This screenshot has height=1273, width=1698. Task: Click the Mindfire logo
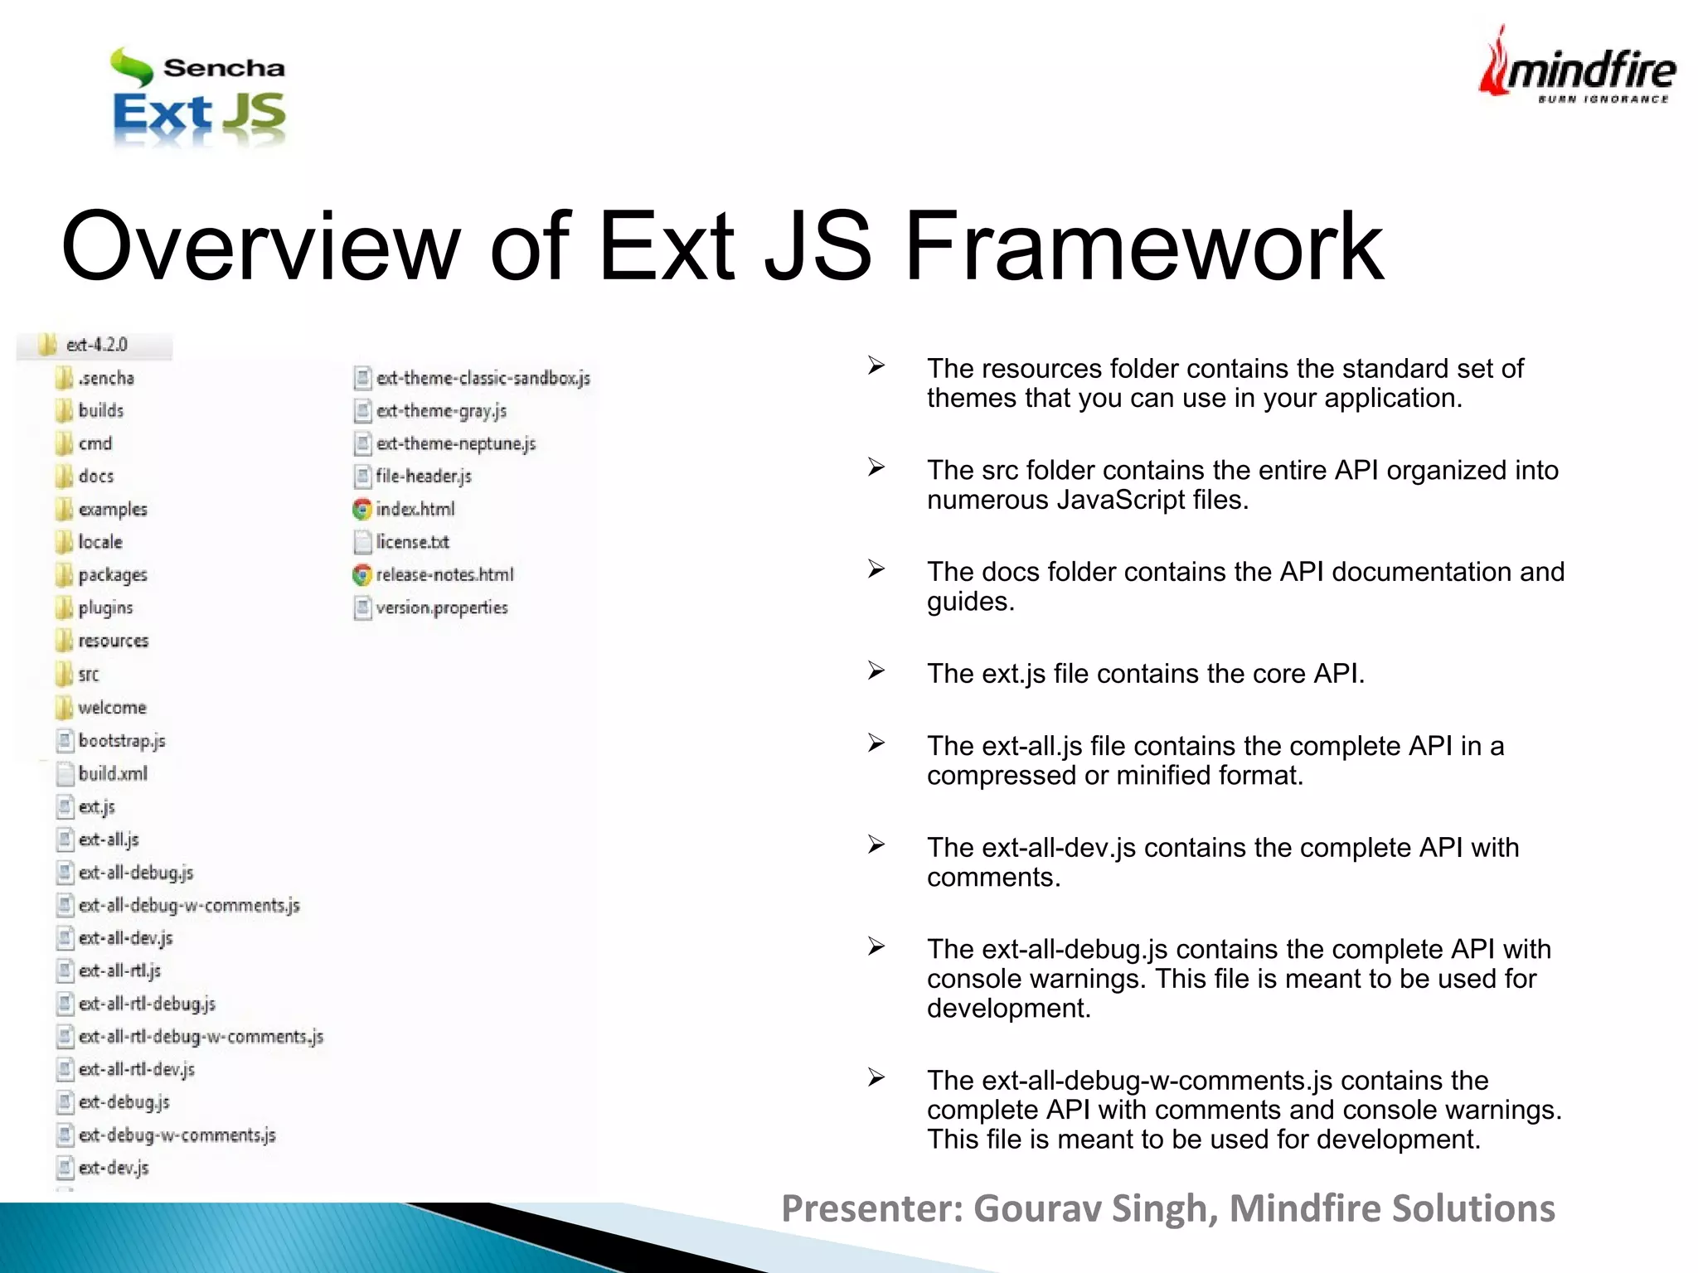[1577, 66]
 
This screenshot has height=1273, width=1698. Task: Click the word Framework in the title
[1144, 246]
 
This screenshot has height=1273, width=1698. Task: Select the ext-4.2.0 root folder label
[96, 345]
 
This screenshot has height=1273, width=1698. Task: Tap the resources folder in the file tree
[113, 641]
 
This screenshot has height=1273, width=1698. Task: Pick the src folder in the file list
[88, 675]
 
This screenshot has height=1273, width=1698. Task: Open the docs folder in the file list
[95, 477]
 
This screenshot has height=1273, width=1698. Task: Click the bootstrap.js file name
[122, 740]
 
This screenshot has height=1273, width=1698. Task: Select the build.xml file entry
[113, 773]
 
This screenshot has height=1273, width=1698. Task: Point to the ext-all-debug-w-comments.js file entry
[189, 905]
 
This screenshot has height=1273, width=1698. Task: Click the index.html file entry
[415, 509]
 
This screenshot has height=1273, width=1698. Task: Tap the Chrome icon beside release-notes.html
[361, 574]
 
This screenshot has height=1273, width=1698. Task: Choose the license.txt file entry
[412, 542]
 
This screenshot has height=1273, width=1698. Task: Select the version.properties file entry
[441, 607]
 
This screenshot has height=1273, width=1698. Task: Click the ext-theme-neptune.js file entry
[455, 443]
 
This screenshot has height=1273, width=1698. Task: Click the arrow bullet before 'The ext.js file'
[876, 670]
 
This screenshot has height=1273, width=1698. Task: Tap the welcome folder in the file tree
[112, 708]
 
